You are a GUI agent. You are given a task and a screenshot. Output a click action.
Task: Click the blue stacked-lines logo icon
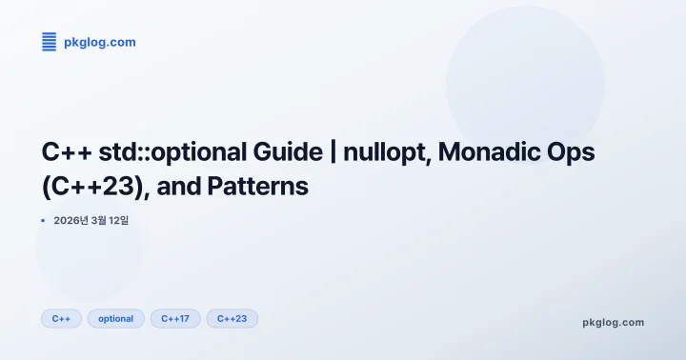coord(49,42)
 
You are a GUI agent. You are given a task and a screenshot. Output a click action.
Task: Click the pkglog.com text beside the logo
coord(99,42)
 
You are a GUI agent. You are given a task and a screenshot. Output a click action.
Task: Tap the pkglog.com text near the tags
coord(613,322)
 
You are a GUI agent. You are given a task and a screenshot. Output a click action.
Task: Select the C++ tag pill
coord(61,318)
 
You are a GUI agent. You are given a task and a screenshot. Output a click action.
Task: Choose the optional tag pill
coord(116,318)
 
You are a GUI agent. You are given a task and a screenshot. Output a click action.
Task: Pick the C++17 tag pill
coord(175,318)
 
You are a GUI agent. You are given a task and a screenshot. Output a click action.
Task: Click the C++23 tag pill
coord(232,318)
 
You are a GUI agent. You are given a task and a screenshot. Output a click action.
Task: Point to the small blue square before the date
coord(43,220)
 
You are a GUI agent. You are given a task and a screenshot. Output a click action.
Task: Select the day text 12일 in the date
coord(119,220)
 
